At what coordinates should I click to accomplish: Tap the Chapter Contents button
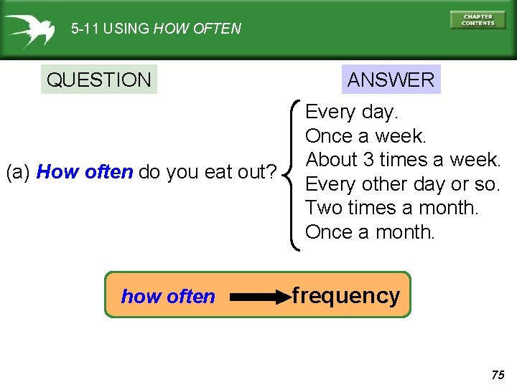[x=478, y=20]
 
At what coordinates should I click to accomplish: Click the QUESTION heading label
[x=99, y=80]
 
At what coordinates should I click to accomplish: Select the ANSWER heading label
[x=391, y=80]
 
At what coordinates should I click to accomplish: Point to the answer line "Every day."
[x=352, y=112]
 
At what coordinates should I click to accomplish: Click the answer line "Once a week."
[x=365, y=135]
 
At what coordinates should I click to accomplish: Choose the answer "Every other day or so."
[x=402, y=183]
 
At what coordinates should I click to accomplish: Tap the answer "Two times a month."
[x=391, y=208]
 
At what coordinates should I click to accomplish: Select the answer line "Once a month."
[x=370, y=232]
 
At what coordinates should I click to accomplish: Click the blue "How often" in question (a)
[x=85, y=173]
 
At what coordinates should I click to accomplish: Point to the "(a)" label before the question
[x=18, y=173]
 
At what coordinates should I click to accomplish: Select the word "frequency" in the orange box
[x=346, y=295]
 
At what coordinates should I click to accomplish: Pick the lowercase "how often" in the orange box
[x=168, y=297]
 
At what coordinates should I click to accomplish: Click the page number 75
[x=498, y=375]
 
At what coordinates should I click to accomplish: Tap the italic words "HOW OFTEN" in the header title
[x=197, y=29]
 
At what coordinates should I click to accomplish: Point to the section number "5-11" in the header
[x=85, y=29]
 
